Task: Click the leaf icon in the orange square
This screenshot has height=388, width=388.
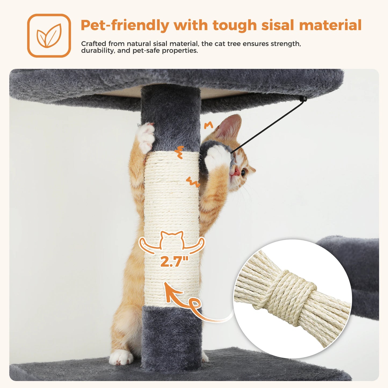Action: coord(49,36)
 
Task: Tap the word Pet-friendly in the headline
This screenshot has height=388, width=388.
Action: coord(125,25)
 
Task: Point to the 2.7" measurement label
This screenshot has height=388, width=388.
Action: coord(175,261)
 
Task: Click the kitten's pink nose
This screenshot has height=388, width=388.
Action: coord(236,171)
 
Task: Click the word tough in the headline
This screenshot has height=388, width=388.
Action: coord(234,25)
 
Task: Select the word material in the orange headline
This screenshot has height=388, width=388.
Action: coord(330,25)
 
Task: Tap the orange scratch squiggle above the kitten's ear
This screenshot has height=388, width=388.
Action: coord(208,125)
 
